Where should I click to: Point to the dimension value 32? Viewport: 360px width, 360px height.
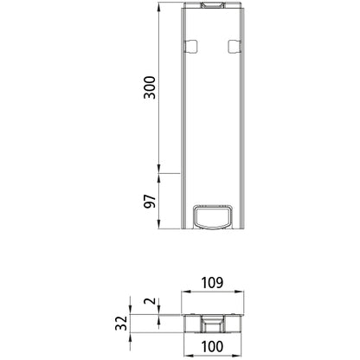click(x=122, y=324)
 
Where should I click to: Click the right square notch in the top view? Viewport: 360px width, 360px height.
click(x=232, y=45)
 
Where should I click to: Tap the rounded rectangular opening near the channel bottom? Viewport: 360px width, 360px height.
click(x=212, y=216)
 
